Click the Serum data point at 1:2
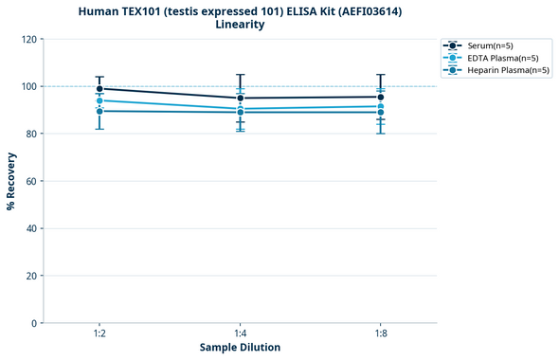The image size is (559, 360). tap(99, 89)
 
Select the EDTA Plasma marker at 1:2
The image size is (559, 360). tap(99, 100)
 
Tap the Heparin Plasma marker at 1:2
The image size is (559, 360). tap(99, 111)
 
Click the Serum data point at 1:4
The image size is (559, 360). tap(240, 98)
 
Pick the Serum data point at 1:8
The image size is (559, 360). tap(380, 97)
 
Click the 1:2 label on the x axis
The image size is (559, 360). tap(99, 333)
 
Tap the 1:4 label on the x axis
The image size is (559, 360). tap(240, 333)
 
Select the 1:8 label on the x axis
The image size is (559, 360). tap(380, 333)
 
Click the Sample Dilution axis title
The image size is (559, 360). tap(240, 348)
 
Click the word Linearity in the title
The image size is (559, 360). tap(240, 25)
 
